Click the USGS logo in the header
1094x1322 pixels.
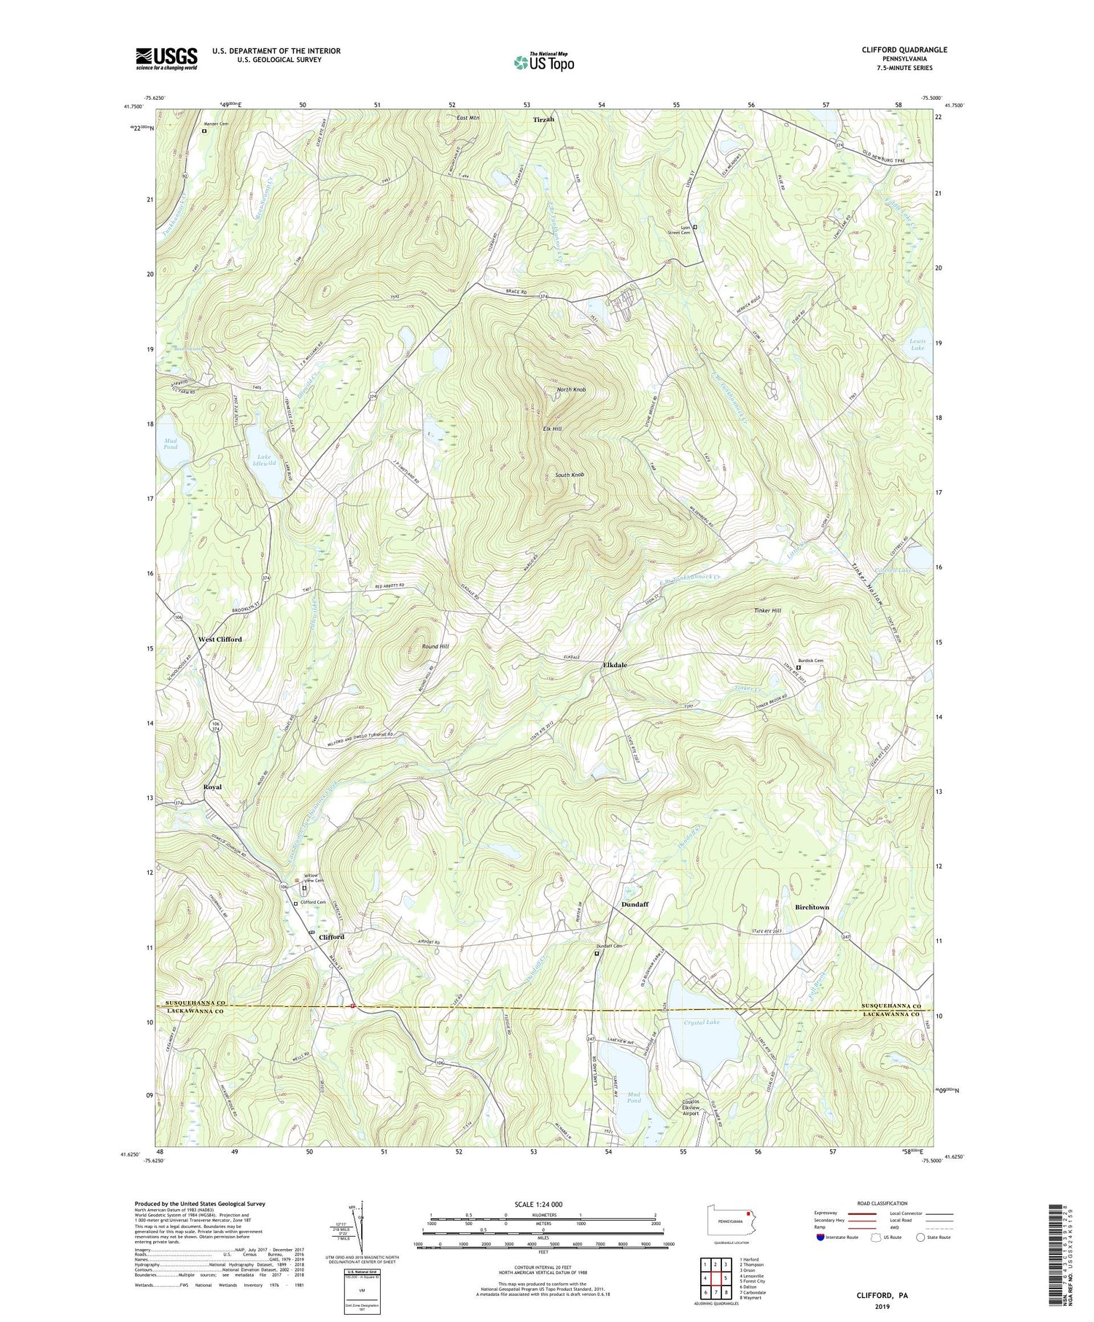pos(166,58)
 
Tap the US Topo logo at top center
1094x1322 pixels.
pos(544,63)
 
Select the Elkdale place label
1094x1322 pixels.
pos(615,665)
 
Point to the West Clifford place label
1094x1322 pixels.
pos(220,639)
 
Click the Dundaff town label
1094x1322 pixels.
pos(635,904)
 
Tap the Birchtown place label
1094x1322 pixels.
pos(812,907)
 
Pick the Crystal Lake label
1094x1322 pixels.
pos(702,1023)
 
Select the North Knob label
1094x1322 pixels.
pos(571,389)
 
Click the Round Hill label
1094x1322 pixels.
pos(435,647)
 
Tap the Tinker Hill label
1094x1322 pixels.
pos(767,610)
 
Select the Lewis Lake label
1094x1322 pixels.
pos(917,344)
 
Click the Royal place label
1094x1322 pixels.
pos(212,787)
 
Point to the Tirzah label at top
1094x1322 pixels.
pos(543,120)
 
